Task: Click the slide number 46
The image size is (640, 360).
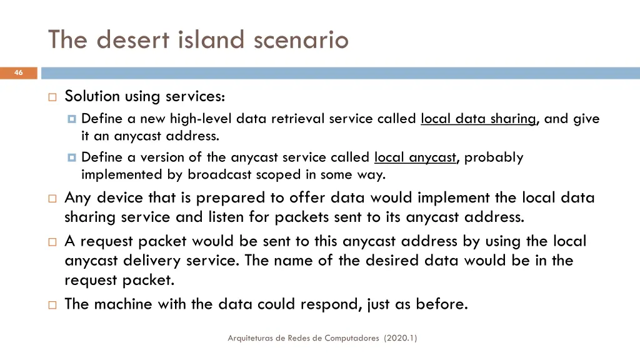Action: [x=18, y=73]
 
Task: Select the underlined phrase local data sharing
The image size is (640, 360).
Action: [x=479, y=119]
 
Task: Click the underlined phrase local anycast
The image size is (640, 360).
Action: [x=416, y=157]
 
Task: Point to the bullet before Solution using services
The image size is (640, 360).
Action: [x=52, y=97]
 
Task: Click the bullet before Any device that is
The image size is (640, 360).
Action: [x=52, y=199]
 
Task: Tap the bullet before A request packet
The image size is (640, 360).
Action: [x=52, y=242]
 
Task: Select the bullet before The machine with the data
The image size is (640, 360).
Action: [x=52, y=305]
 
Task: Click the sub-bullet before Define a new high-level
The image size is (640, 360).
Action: [x=71, y=119]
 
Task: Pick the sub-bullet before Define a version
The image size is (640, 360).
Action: [x=71, y=157]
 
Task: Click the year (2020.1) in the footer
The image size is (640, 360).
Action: [x=401, y=338]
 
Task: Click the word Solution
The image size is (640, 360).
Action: [x=92, y=96]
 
